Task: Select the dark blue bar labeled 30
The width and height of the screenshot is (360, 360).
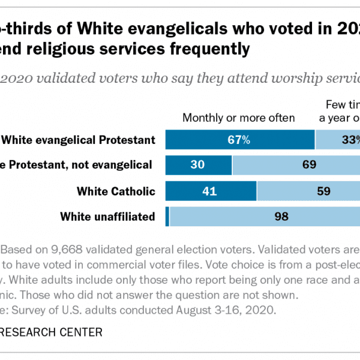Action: (199, 165)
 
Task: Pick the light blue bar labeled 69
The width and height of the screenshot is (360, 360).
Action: (296, 165)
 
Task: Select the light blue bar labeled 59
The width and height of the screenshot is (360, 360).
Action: (308, 191)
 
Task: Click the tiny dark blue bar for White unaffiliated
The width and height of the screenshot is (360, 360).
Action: (167, 217)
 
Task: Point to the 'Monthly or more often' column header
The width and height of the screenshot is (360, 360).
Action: (238, 118)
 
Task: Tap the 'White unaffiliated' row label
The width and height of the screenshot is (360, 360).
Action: (108, 217)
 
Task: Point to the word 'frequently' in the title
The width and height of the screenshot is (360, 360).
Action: (206, 50)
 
